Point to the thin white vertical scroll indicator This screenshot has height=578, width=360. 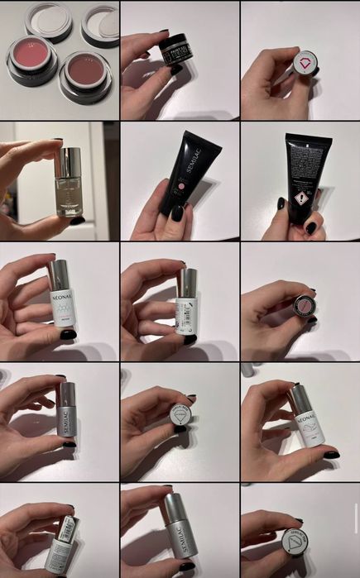click(357, 521)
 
